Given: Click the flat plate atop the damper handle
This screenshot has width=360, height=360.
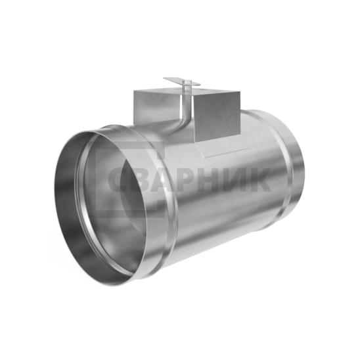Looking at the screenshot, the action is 182,82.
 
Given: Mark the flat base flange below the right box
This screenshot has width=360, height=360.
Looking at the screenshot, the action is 225,150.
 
